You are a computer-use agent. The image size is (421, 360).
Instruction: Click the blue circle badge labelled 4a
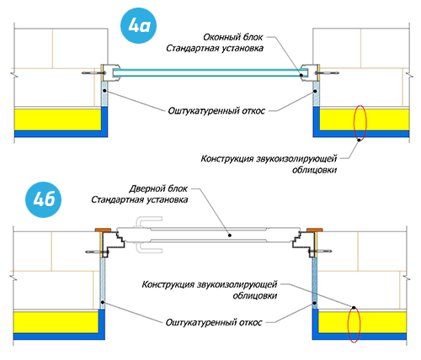(138, 26)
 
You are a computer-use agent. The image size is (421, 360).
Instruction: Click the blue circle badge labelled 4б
(44, 199)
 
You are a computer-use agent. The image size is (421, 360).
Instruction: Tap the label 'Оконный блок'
(233, 37)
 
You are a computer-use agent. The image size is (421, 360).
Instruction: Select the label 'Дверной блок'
(158, 188)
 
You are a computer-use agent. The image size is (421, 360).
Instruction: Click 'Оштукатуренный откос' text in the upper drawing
(216, 111)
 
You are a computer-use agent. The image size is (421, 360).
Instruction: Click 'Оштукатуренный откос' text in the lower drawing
(214, 322)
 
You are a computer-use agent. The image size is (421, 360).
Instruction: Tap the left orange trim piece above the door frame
(104, 230)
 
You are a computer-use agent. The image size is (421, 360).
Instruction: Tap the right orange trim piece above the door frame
(315, 230)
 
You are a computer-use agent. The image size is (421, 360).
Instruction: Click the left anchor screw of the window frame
(93, 73)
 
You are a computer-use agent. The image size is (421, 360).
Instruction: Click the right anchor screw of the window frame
(327, 73)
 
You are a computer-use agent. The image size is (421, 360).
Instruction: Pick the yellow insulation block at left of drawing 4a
(58, 119)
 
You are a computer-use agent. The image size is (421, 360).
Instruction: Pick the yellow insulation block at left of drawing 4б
(56, 323)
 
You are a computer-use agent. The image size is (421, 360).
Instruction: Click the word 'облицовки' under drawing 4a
(314, 170)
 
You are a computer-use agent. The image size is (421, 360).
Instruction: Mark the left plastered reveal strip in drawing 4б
(103, 283)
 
